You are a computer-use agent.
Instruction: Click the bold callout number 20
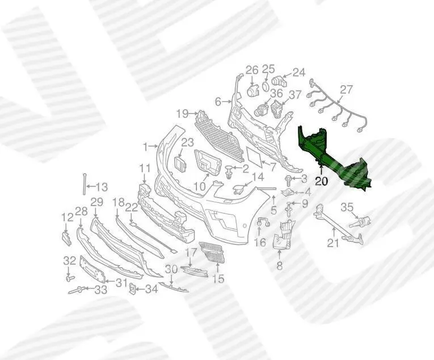[x=321, y=181]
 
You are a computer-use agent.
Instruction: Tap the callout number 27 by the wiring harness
[x=346, y=90]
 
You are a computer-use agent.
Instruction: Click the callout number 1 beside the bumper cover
[x=146, y=147]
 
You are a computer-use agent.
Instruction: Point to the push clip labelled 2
[x=229, y=171]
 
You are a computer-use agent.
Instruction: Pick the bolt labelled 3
[x=288, y=180]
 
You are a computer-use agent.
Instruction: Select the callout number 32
[x=69, y=261]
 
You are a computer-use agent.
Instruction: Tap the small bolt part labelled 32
[x=69, y=277]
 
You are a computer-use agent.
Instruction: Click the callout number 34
[x=151, y=290]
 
